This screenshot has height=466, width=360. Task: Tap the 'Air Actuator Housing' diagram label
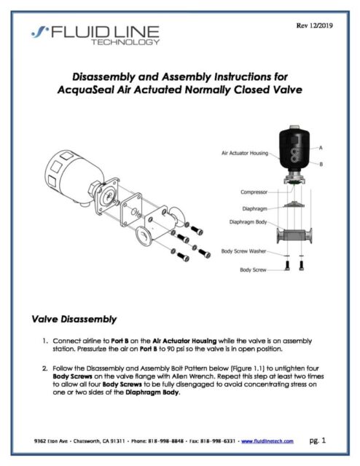pyautogui.click(x=244, y=154)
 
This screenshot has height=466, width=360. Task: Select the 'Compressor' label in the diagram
pyautogui.click(x=256, y=193)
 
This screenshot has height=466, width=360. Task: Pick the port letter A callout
pyautogui.click(x=321, y=149)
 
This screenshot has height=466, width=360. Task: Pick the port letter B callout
pyautogui.click(x=321, y=165)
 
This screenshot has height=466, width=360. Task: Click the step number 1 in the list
pyautogui.click(x=45, y=340)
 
